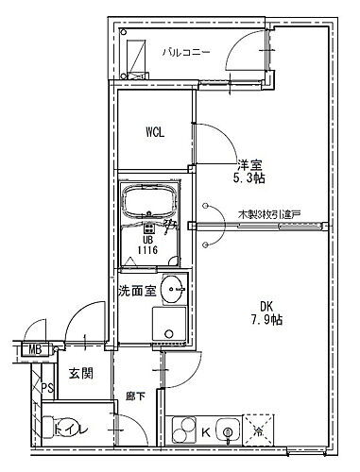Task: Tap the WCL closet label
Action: [155, 132]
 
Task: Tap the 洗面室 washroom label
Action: [137, 290]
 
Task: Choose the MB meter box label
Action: [35, 352]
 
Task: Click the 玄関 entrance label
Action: [81, 374]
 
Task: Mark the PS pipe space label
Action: [45, 388]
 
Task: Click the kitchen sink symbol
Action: [228, 430]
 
